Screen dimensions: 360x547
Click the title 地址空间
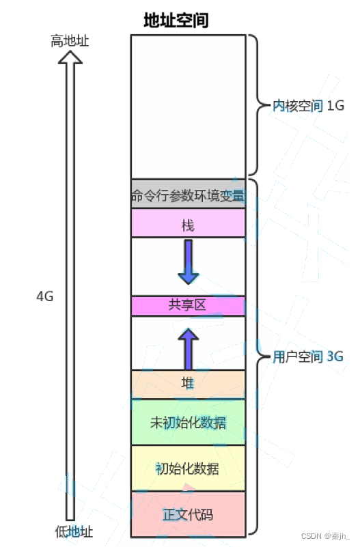tap(176, 20)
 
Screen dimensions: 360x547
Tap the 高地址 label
tap(70, 41)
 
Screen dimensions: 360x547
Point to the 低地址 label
tap(74, 532)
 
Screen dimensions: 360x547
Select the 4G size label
tap(45, 296)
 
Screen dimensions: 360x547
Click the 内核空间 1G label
tap(308, 105)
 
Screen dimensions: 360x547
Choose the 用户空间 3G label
tap(308, 356)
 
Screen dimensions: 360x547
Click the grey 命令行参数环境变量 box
tap(188, 194)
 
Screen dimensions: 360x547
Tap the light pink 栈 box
tap(188, 223)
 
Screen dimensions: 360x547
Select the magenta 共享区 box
tap(188, 306)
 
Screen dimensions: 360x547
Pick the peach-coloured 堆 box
tap(188, 384)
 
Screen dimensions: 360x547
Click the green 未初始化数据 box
tap(188, 422)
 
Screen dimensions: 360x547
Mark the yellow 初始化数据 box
tap(188, 468)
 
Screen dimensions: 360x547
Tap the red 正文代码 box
tap(188, 514)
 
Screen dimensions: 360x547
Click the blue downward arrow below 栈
tap(189, 262)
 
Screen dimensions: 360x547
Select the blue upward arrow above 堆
tap(189, 349)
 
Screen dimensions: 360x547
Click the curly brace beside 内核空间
tap(258, 104)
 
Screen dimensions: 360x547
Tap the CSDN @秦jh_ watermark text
tap(325, 536)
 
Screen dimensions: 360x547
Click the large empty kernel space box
tap(188, 107)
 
